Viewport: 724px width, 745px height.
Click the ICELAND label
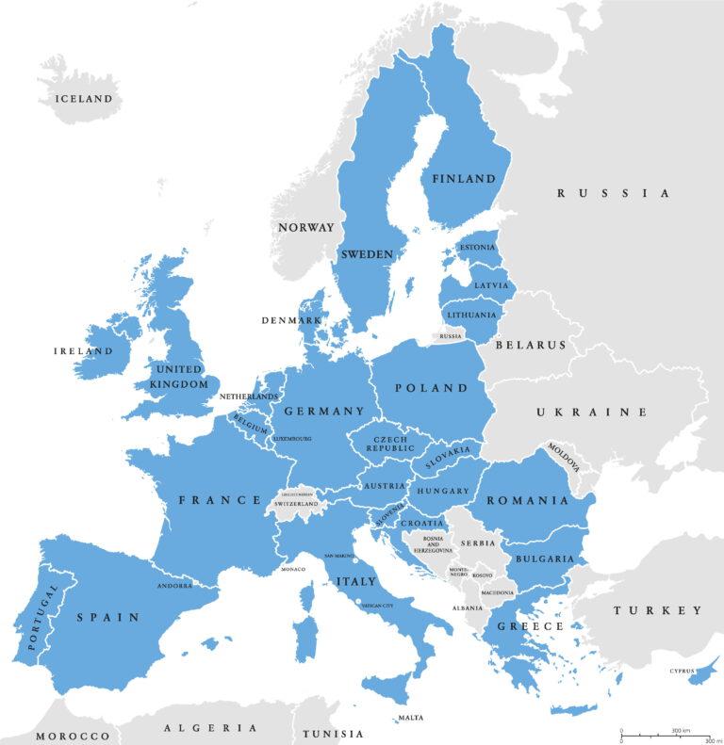tap(84, 98)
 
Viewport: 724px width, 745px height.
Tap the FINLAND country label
tap(464, 178)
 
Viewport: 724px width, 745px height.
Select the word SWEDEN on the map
tap(367, 254)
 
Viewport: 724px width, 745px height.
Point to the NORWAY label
tap(305, 227)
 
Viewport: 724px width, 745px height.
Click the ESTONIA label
tap(476, 248)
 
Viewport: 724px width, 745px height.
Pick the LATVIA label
tap(491, 284)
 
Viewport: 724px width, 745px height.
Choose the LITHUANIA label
tap(472, 315)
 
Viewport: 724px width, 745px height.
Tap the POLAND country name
tap(431, 387)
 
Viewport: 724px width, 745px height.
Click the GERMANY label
tap(323, 412)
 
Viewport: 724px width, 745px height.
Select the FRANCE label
tap(220, 499)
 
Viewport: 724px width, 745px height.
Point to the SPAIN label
tap(108, 617)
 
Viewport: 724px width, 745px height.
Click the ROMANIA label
tap(528, 500)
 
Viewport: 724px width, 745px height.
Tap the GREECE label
tap(532, 625)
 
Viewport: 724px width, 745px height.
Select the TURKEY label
tap(658, 610)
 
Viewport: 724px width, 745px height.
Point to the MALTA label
tap(410, 718)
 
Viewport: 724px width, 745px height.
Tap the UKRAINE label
tap(592, 412)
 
